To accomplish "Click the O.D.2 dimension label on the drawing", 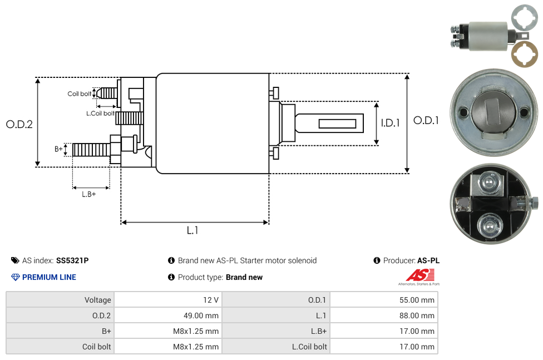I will coord(19,124).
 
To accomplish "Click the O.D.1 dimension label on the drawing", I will coord(426,120).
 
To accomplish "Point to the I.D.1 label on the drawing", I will coord(390,123).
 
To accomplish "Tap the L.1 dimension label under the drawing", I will coord(192,230).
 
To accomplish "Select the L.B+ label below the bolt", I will coord(89,194).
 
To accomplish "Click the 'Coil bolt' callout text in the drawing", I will coord(80,93).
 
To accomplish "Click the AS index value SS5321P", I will coord(72,260).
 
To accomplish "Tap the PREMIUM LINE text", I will coord(49,277).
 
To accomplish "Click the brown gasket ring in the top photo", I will coord(525,55).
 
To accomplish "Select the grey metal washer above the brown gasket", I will coord(525,20).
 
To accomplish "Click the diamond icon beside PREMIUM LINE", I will coord(15,277).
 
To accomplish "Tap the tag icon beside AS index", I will coord(15,260).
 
